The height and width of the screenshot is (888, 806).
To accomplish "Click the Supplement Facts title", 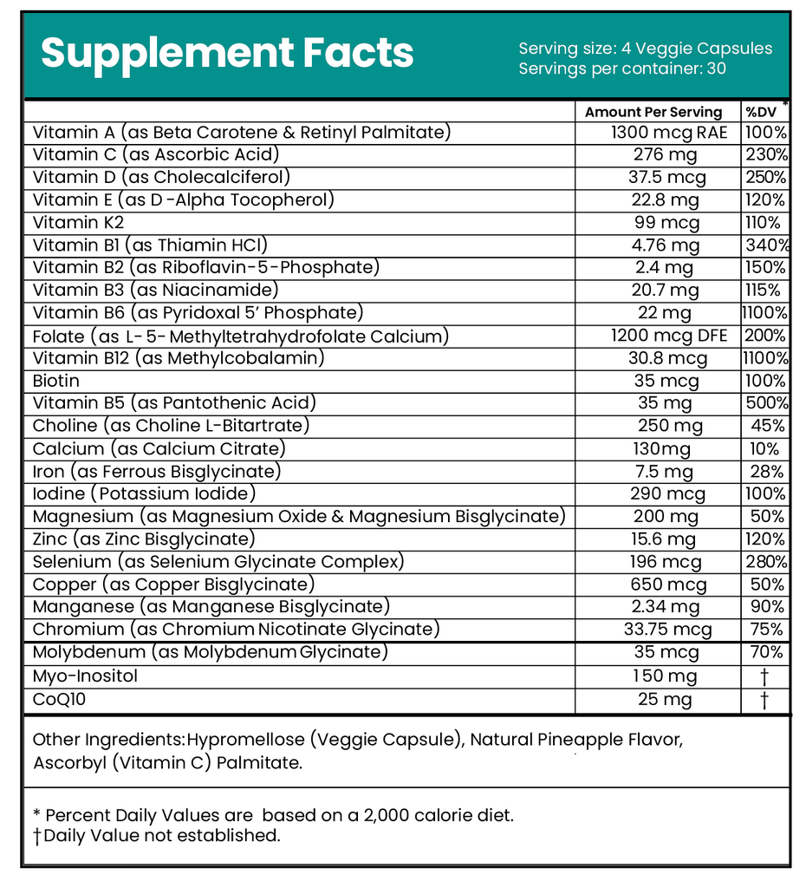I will (x=227, y=53).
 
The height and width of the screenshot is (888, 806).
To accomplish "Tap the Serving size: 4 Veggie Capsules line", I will (x=645, y=49).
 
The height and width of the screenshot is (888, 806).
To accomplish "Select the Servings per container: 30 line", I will (x=622, y=69).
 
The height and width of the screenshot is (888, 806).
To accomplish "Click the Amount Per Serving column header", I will (x=653, y=112).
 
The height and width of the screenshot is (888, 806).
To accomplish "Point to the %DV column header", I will (x=762, y=112).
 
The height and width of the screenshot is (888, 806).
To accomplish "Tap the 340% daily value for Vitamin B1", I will (x=766, y=245).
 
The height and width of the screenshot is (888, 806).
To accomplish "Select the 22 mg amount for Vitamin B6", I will (x=664, y=313).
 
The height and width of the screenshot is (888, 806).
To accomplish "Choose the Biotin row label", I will (x=56, y=381).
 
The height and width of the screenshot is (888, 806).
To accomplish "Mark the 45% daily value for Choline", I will (x=768, y=426).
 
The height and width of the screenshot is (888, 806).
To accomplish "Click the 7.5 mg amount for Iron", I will (x=664, y=472).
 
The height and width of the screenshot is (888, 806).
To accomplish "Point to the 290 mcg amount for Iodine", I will (x=665, y=494).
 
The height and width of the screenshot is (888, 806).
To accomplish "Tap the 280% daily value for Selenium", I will (x=766, y=562).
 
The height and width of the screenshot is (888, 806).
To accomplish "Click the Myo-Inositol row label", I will (x=86, y=676).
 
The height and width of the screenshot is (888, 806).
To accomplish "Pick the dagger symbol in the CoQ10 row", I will (x=764, y=699).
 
